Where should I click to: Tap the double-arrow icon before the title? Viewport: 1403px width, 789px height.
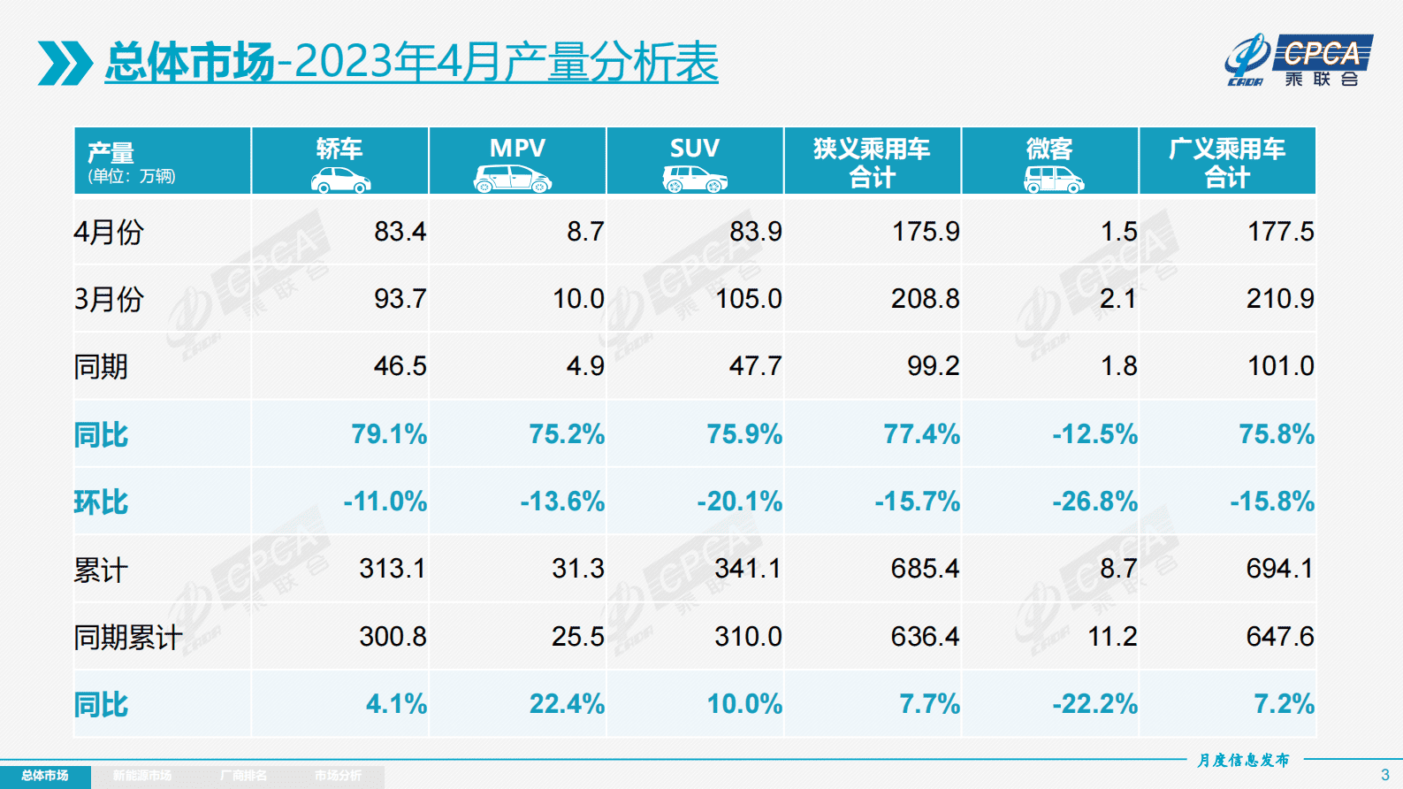click(x=65, y=63)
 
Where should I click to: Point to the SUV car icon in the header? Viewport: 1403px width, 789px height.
click(x=695, y=180)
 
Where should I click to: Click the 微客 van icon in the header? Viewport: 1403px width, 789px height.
click(x=1053, y=180)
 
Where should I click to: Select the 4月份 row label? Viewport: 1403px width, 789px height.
click(x=108, y=232)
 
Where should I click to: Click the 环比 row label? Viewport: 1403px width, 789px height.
click(x=101, y=502)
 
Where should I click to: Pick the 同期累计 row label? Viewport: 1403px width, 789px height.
click(x=127, y=637)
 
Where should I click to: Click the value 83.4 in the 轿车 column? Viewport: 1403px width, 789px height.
click(x=400, y=232)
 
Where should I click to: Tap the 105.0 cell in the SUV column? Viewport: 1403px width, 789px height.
click(x=748, y=299)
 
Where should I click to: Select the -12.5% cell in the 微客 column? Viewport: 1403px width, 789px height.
click(x=1094, y=434)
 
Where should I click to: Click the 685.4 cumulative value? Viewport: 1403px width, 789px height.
click(x=924, y=569)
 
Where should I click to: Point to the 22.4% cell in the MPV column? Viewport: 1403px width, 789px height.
click(x=567, y=704)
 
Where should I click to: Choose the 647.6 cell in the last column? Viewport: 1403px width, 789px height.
click(x=1279, y=637)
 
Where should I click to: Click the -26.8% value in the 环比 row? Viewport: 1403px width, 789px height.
click(x=1094, y=502)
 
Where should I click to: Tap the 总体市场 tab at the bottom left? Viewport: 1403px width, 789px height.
click(x=45, y=776)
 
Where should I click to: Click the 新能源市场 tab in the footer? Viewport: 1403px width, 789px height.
click(x=142, y=776)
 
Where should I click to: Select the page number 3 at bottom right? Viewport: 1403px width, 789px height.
click(x=1384, y=775)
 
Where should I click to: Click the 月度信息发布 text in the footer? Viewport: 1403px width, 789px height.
click(x=1243, y=760)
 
